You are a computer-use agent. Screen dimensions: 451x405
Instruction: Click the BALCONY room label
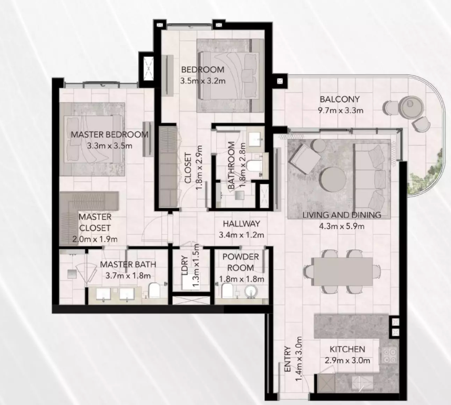coord(340,99)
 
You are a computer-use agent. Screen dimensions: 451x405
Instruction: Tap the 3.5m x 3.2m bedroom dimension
coord(203,81)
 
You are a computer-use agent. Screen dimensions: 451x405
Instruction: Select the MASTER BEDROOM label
coord(109,134)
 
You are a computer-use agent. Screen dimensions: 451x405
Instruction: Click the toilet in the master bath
coord(155,290)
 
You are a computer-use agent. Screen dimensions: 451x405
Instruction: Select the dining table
coord(343,272)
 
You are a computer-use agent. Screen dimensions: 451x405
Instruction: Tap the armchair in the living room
coord(305,159)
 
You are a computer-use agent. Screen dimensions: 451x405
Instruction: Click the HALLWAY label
coord(241,224)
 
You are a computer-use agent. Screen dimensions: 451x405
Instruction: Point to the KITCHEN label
coord(347,349)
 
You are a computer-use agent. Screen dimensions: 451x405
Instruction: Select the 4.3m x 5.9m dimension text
coord(342,226)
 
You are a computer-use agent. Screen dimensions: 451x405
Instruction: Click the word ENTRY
coord(288,359)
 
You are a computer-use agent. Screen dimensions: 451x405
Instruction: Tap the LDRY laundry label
coord(184,266)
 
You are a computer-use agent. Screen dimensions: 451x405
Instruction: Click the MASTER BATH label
coord(128,264)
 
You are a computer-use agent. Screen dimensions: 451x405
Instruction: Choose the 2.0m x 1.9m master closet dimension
coord(95,239)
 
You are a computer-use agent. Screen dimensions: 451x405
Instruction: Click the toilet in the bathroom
coord(254,166)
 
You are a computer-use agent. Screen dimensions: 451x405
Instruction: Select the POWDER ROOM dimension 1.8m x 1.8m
coord(242,279)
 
